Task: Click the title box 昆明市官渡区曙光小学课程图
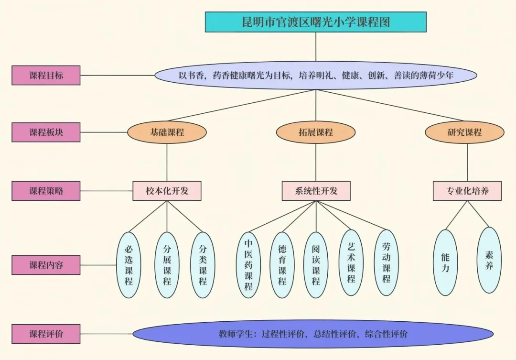coord(315,22)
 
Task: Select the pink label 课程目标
coord(46,75)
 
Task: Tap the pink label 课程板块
coord(46,132)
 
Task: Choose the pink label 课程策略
coord(46,191)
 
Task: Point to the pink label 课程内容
coord(46,264)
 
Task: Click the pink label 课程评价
coord(46,334)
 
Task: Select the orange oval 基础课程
coord(167,132)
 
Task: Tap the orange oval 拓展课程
coord(316,132)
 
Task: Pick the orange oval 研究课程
coord(464,132)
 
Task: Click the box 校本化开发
coord(167,191)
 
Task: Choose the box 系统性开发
coord(316,191)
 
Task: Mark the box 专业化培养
coord(467,191)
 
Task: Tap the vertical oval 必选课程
coord(129,265)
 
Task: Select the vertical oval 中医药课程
coord(248,265)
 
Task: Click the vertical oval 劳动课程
coord(386,262)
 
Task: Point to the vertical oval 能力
coord(445,262)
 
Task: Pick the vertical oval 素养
coord(489,260)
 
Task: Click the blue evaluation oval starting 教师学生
coord(313,334)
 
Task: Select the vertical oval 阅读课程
coord(316,265)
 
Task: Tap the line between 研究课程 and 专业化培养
coord(467,162)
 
